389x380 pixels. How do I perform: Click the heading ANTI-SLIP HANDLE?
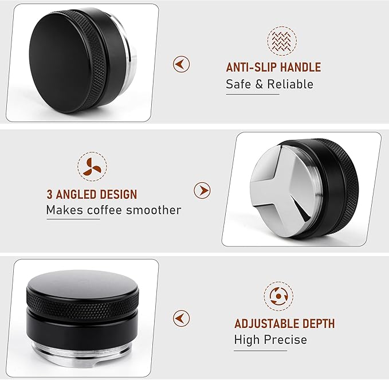point(273,68)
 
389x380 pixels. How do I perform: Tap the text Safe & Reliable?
point(269,84)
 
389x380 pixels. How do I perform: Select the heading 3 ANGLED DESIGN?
point(92,194)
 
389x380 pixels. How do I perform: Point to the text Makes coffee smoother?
point(113,210)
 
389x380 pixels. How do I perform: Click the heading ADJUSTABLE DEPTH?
point(284,324)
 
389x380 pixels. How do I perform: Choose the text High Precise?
point(270,339)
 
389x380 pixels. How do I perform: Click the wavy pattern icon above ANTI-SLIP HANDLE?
point(282,40)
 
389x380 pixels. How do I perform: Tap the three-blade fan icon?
point(92,166)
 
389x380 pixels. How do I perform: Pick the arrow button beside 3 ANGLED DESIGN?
point(202,190)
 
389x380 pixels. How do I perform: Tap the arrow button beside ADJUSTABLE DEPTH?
point(181,318)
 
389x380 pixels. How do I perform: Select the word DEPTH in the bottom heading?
point(316,324)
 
